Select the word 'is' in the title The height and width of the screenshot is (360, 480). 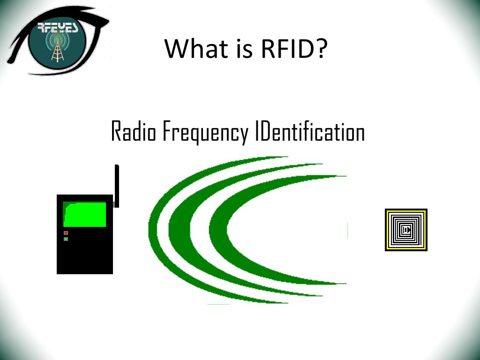coord(231,48)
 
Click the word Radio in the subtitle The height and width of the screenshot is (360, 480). coord(134,132)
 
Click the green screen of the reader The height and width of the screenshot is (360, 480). coord(85,215)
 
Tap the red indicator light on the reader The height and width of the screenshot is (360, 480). coord(66,233)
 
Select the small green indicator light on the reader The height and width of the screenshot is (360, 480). coord(66,239)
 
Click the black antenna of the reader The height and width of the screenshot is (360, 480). coord(117,186)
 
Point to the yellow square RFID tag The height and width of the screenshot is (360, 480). coord(406,230)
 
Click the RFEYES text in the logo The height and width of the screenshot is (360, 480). coord(58,28)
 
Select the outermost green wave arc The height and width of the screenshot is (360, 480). coord(155,230)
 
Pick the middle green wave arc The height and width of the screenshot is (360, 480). coord(176,230)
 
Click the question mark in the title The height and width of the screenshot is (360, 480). coord(320,48)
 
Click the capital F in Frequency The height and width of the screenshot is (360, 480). coord(166,132)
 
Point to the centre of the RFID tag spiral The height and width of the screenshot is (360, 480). coord(406,230)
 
